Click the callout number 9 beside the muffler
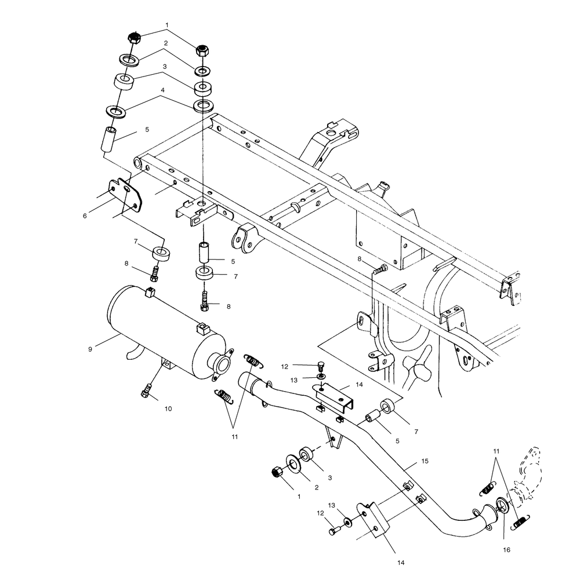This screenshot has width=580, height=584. point(90,349)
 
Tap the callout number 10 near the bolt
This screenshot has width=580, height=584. point(168,409)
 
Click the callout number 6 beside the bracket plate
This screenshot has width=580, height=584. point(85,216)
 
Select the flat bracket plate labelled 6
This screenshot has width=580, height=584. point(125,195)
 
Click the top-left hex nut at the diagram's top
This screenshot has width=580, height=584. point(135,39)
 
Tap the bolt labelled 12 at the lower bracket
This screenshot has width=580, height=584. point(333,530)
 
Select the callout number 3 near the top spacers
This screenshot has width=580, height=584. point(165,67)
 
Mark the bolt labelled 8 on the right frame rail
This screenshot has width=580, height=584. point(380,269)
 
